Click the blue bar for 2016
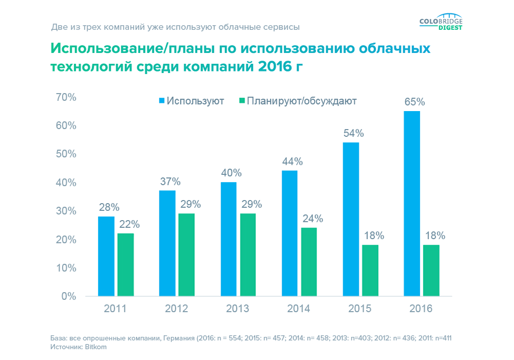pos(412,204)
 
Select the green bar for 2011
pos(125,265)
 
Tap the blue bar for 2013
pos(228,239)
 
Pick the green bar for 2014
pos(308,262)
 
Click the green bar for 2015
pos(370,271)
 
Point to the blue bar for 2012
pos(167,243)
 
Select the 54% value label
pos(354,133)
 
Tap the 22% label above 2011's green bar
pos(129,224)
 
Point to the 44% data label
pos(292,161)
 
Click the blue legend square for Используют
pos(162,101)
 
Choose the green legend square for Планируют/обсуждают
pos(241,101)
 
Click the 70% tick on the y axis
pos(65,97)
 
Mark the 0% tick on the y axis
pos(68,296)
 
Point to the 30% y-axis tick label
pos(65,211)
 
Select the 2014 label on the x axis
pos(299,309)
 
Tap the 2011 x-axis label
pos(115,309)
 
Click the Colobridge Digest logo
pos(441,24)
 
